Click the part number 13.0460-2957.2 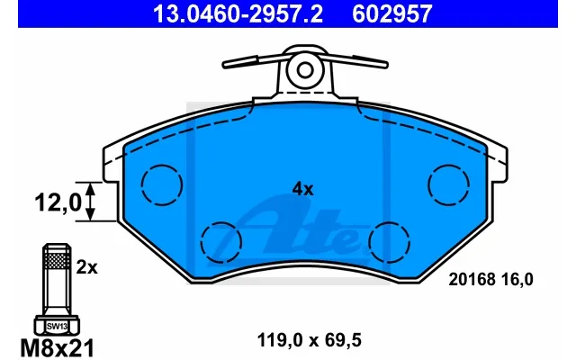[238, 14]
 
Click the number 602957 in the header [391, 14]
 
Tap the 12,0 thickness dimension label [58, 202]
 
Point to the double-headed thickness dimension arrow [90, 202]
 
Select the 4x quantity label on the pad [302, 189]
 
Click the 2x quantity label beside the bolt [86, 268]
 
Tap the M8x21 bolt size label [58, 348]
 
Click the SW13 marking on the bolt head [57, 326]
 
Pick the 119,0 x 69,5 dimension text [310, 340]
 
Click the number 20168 [472, 280]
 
